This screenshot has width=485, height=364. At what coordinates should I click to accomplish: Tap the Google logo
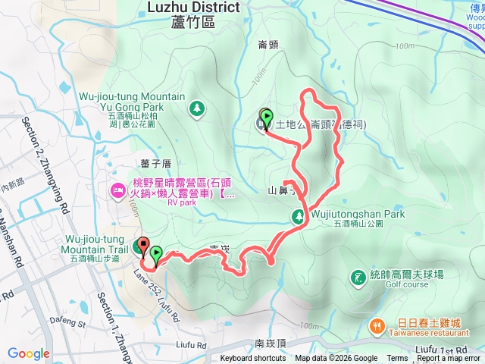[x=28, y=353]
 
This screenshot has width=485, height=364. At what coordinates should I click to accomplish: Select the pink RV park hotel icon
[x=117, y=188]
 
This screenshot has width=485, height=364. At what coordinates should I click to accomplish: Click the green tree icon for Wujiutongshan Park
[x=299, y=218]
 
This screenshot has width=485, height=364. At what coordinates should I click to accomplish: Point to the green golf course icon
[x=357, y=278]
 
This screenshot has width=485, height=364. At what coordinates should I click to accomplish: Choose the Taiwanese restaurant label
[x=427, y=333]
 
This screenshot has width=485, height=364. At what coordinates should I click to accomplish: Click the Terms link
[x=397, y=359]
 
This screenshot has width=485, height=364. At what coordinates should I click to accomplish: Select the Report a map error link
[x=449, y=359]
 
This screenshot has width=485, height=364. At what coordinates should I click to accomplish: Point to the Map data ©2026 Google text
[x=336, y=359]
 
